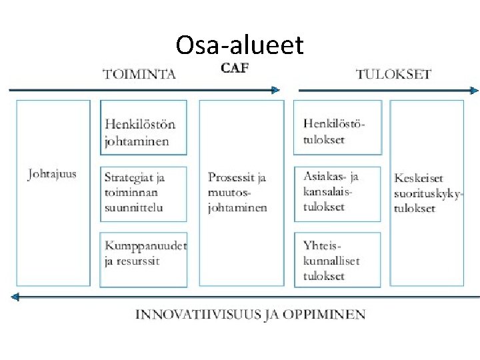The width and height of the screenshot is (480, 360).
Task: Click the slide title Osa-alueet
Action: (239, 45)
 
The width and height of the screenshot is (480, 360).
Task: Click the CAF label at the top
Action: (234, 69)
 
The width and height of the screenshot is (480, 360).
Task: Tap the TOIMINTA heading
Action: (140, 74)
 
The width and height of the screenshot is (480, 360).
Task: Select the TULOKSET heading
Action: (393, 74)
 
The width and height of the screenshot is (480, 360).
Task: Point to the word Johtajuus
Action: (52, 175)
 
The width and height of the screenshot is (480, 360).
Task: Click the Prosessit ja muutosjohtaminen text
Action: (238, 192)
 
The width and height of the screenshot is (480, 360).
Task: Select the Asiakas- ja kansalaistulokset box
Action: (338, 193)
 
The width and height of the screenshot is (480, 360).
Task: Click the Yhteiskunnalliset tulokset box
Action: (338, 260)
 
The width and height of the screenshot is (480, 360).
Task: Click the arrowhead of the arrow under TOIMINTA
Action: (275, 89)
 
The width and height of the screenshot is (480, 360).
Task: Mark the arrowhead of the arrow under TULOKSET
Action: (474, 90)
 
